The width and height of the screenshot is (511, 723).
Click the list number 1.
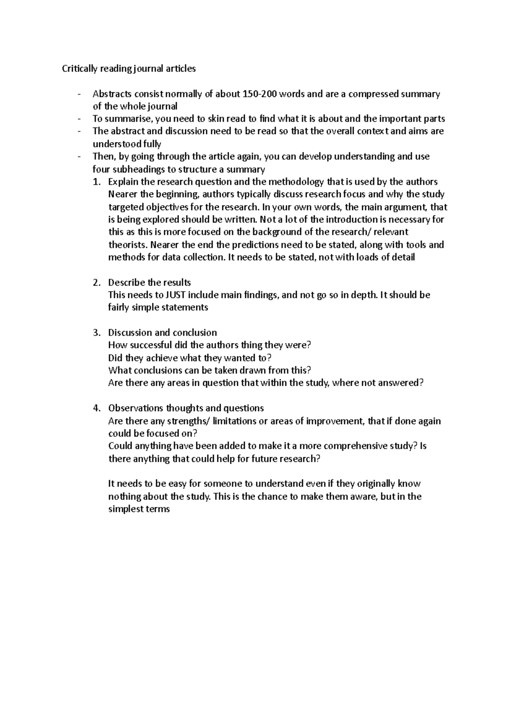(x=96, y=182)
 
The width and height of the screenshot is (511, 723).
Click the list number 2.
(x=96, y=283)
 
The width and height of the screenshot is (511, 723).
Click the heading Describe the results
(x=149, y=283)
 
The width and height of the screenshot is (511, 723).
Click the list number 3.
(x=96, y=333)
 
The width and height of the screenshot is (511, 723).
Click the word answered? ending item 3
(x=403, y=383)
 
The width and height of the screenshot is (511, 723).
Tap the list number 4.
(x=96, y=408)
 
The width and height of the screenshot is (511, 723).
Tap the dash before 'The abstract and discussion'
(x=80, y=132)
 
